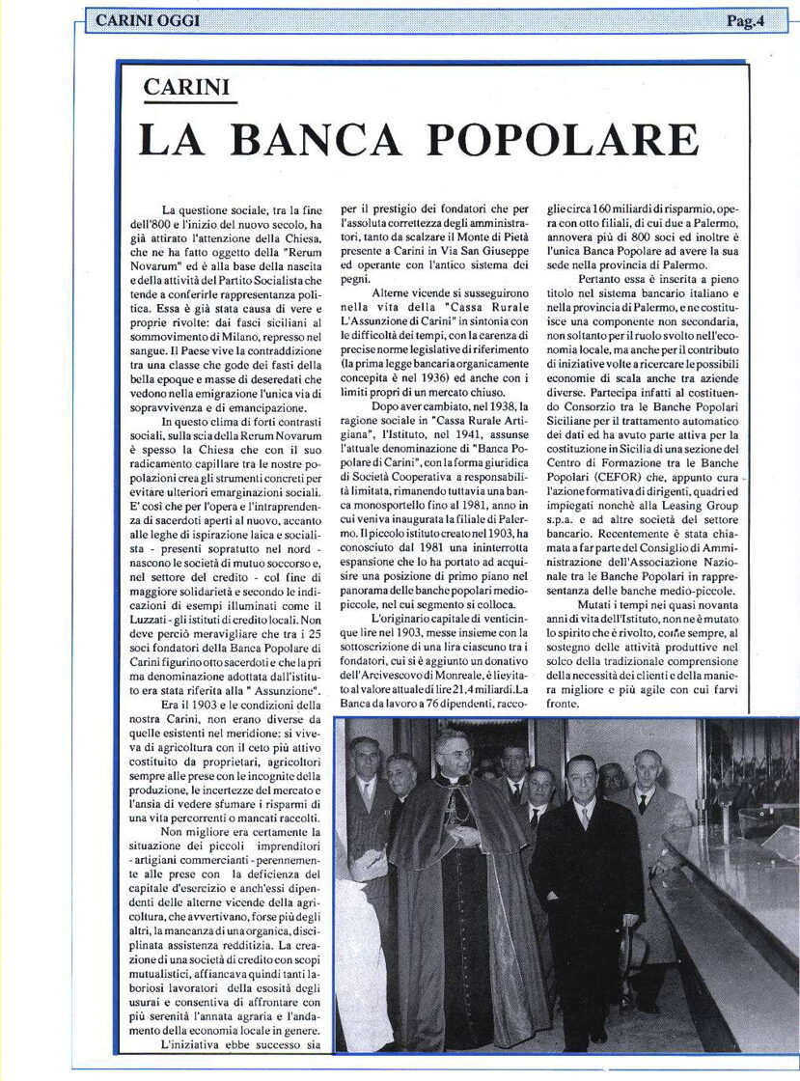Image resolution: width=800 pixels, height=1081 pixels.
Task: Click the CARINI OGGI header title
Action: pyautogui.click(x=148, y=19)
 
